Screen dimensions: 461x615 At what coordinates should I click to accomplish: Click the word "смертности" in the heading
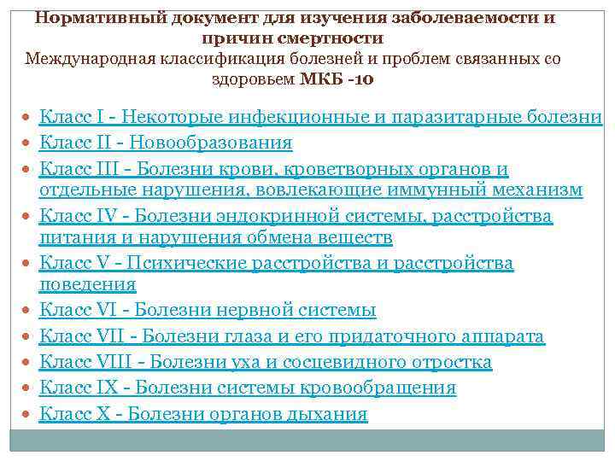pos(336,39)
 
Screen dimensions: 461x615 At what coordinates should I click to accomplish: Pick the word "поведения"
pos(87,284)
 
